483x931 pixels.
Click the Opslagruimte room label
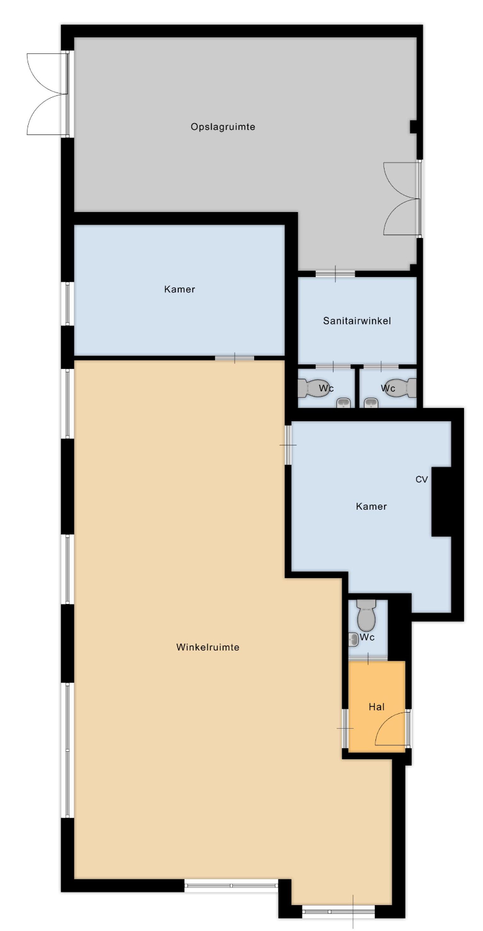click(x=223, y=127)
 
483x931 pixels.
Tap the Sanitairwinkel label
click(x=357, y=321)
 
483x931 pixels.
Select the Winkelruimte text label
click(x=208, y=647)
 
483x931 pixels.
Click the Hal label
click(x=377, y=706)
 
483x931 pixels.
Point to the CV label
click(x=421, y=479)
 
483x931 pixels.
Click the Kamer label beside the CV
click(x=371, y=506)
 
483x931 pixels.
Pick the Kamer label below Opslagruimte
click(x=179, y=289)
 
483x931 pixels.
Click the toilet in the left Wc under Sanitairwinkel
click(x=314, y=388)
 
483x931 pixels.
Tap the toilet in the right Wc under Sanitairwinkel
click(x=401, y=388)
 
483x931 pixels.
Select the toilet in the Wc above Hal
click(x=366, y=614)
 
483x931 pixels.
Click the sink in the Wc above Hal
click(x=353, y=639)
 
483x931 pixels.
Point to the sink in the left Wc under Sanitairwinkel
click(x=343, y=402)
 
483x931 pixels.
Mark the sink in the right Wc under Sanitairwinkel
click(x=371, y=402)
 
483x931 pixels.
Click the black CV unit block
click(x=442, y=502)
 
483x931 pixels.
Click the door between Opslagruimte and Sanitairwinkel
click(x=335, y=274)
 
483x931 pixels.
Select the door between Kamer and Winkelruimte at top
click(x=235, y=358)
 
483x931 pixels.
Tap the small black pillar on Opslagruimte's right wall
click(x=413, y=127)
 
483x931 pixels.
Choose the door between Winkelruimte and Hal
click(x=346, y=728)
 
